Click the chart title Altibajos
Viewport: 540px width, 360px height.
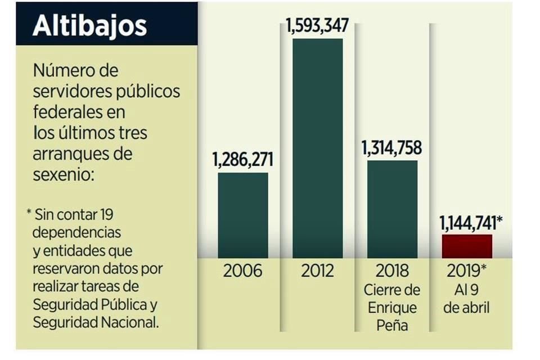coord(89,26)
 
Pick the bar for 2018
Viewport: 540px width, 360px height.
coord(393,209)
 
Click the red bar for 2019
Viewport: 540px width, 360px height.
coord(467,246)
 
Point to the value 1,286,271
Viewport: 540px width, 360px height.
coord(242,160)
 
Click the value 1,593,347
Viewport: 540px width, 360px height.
coord(317,26)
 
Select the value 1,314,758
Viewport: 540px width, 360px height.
coord(392,148)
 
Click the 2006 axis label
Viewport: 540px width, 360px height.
coord(242,271)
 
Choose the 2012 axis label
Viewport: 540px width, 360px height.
coord(317,271)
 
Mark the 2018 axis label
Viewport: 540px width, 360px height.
coord(393,271)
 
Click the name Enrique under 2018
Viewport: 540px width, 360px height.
coord(393,308)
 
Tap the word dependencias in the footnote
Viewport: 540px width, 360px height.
coord(76,232)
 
